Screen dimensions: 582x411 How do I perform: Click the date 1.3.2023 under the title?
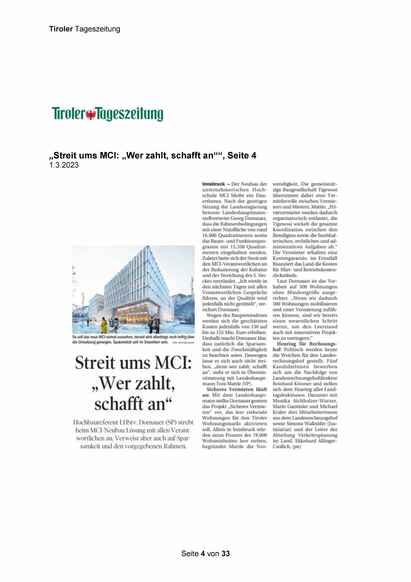(x=64, y=165)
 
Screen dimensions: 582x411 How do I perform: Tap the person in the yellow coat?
(x=104, y=325)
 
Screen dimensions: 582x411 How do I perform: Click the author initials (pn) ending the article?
(x=296, y=447)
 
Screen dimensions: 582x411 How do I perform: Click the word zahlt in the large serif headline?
(x=153, y=384)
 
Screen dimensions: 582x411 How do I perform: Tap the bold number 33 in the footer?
(x=226, y=553)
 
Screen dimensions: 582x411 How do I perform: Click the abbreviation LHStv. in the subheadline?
(x=130, y=423)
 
